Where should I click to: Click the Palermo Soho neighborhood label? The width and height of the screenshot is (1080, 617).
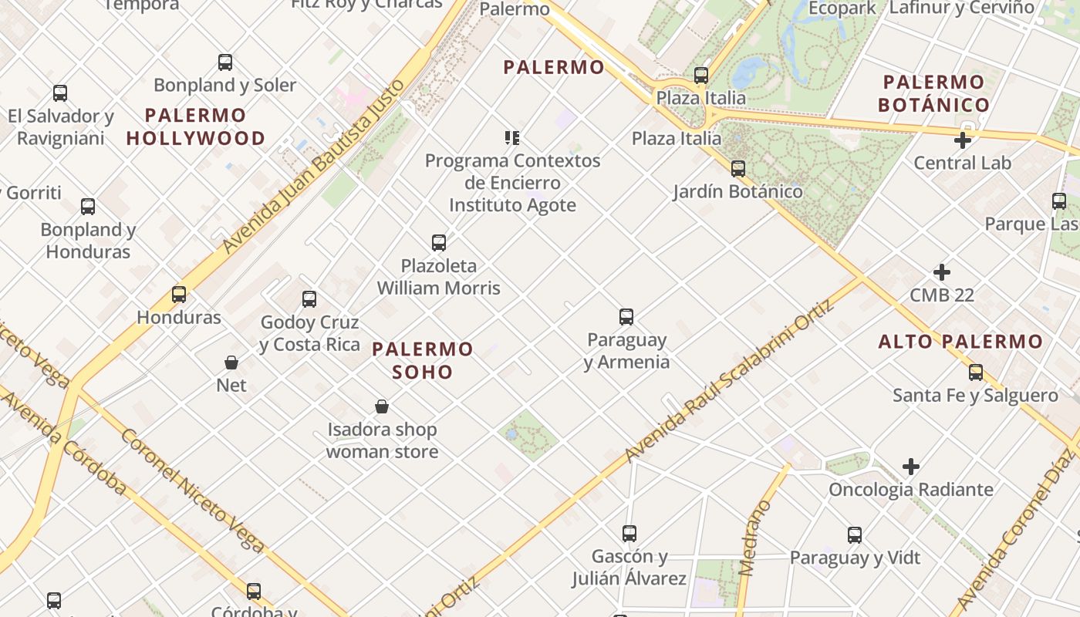[x=422, y=360]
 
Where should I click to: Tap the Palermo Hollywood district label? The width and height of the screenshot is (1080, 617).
[x=196, y=127]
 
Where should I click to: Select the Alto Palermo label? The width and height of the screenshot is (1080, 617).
[x=960, y=341]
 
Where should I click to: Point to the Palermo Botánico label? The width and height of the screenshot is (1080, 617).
[x=933, y=93]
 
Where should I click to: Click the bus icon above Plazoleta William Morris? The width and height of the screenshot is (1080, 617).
[x=439, y=243]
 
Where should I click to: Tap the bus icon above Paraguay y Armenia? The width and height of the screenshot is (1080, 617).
[x=626, y=317]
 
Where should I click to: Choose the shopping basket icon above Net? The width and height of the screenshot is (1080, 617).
[x=231, y=362]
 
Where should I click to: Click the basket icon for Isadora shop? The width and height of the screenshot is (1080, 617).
[x=382, y=406]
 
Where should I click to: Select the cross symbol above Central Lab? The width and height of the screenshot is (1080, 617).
[x=962, y=140]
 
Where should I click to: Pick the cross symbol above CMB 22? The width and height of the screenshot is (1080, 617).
[x=942, y=272]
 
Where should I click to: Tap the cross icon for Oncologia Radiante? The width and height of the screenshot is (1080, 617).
[x=911, y=467]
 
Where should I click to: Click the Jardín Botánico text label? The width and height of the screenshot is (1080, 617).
[x=737, y=191]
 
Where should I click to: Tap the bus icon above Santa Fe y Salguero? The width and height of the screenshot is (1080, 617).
[x=976, y=373]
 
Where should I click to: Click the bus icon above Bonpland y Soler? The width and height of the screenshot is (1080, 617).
[x=225, y=62]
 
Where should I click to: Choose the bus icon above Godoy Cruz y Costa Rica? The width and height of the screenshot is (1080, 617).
[x=309, y=299]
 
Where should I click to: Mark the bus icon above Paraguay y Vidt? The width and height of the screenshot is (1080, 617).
[x=855, y=535]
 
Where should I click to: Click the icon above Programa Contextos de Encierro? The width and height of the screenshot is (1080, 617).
[x=512, y=138]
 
